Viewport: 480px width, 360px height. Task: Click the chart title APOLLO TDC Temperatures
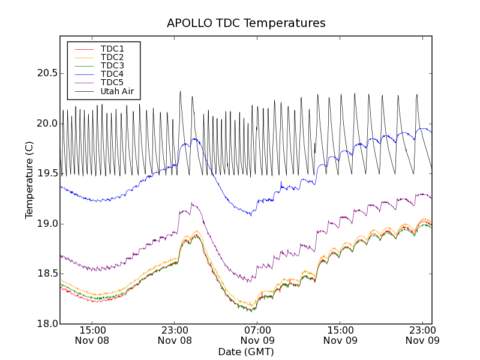click(x=246, y=23)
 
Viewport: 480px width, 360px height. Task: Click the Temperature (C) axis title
click(x=29, y=180)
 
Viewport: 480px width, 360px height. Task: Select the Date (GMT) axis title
click(x=246, y=352)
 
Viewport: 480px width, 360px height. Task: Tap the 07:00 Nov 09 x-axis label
click(x=257, y=335)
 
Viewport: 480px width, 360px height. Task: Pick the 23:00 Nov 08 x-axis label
click(x=175, y=335)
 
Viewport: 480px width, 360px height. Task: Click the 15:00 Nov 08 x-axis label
click(x=92, y=335)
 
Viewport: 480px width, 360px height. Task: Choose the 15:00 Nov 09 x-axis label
click(x=340, y=335)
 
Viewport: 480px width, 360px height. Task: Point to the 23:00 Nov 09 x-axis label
click(x=423, y=335)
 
